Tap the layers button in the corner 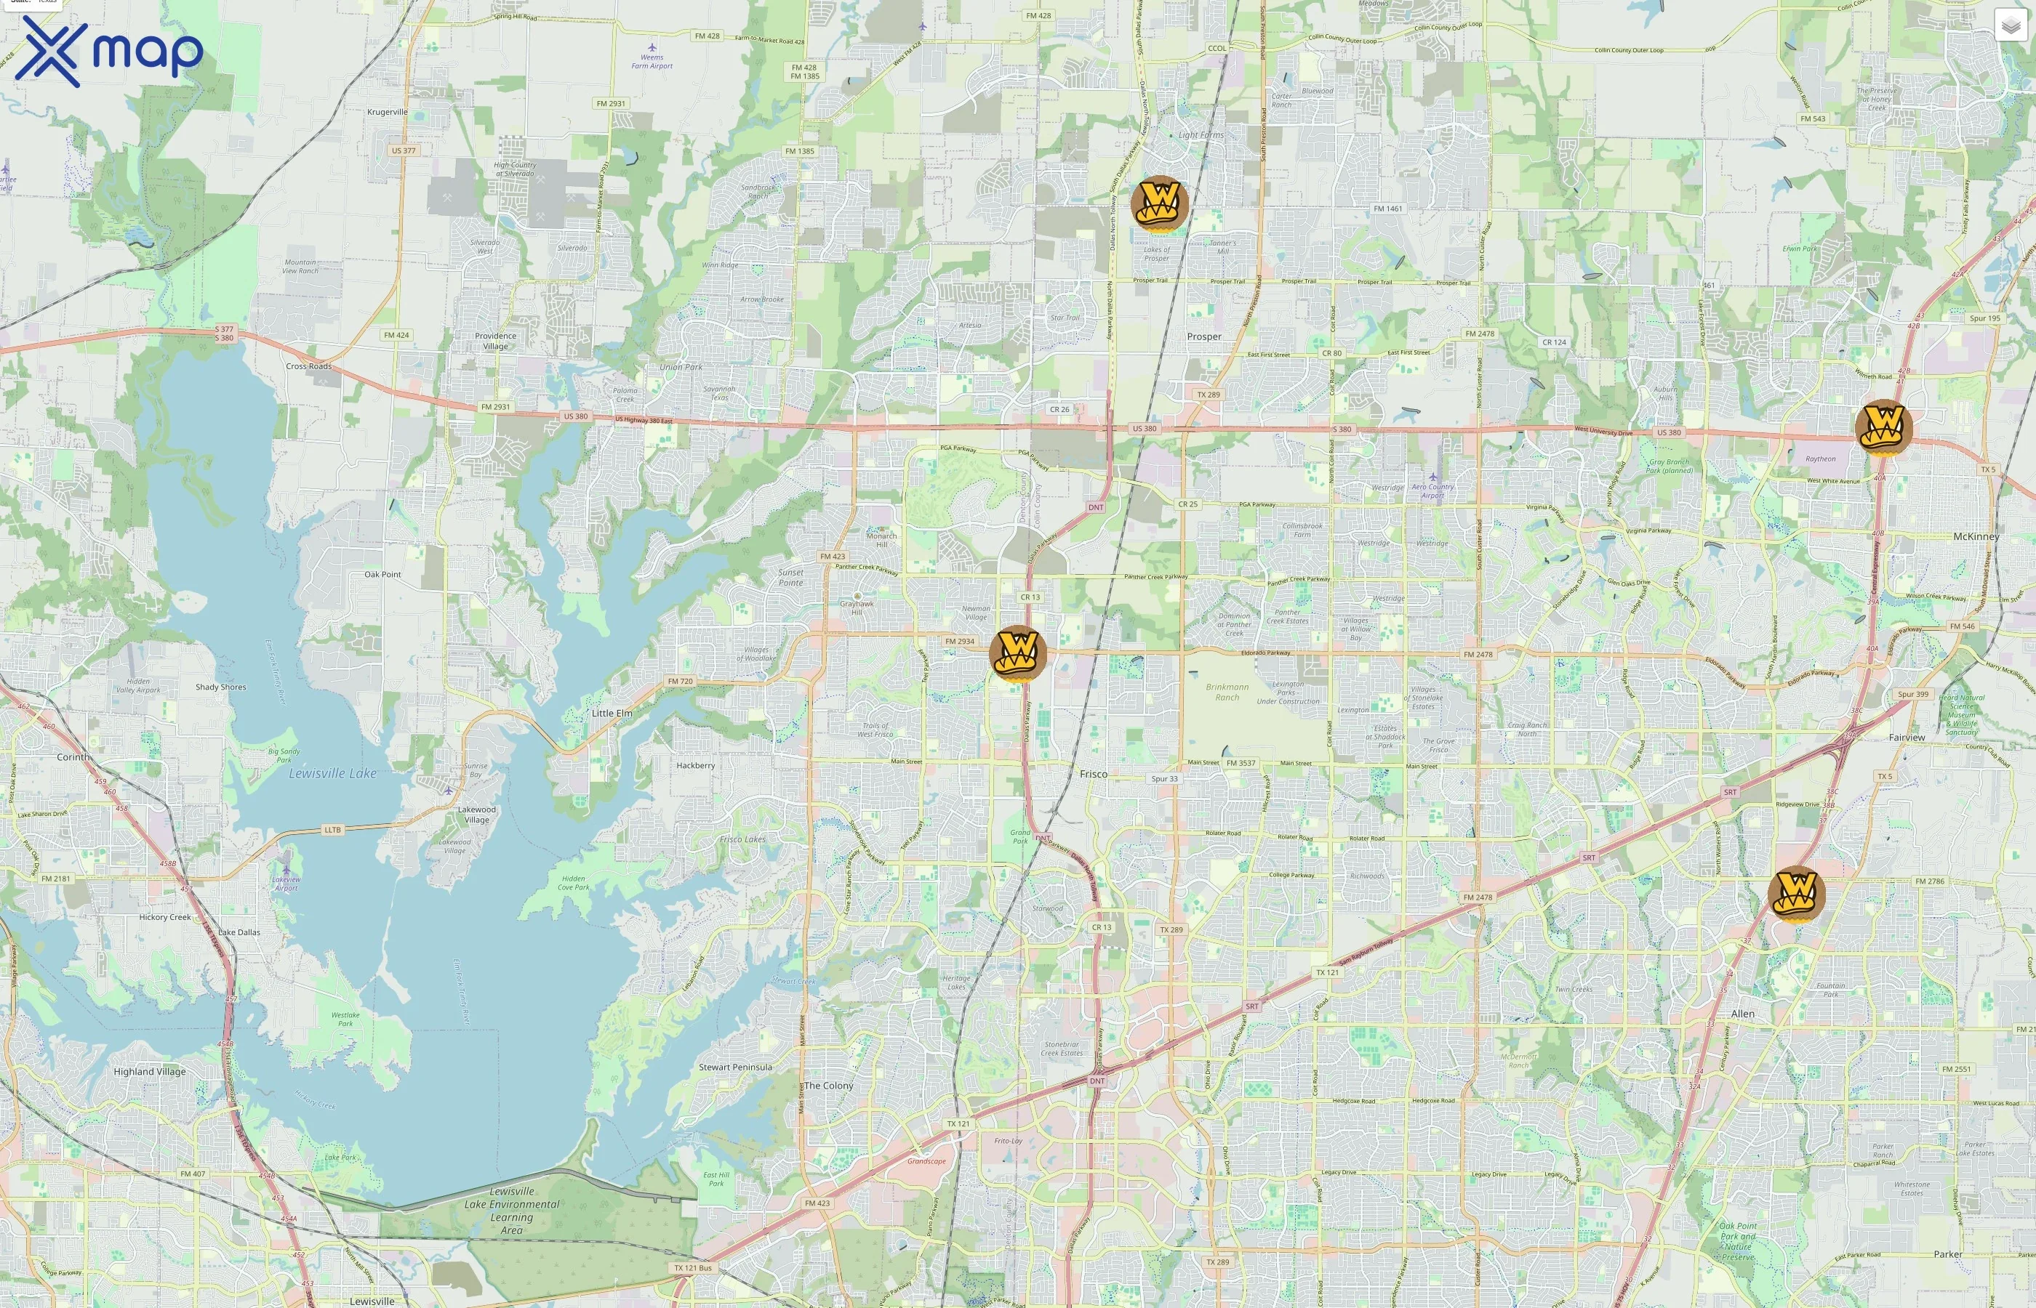coord(2010,25)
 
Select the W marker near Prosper coord(1159,204)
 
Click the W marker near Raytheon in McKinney coord(1883,427)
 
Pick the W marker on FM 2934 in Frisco coord(1017,653)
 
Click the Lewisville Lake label coord(332,773)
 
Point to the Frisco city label coord(1093,774)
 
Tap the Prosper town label coord(1203,336)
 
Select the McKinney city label coord(1976,536)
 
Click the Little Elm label coord(612,713)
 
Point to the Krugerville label coord(388,111)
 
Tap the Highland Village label coord(150,1071)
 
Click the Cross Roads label coord(308,366)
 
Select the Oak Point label coord(382,574)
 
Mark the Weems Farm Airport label coord(652,61)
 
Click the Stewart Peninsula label coord(735,1067)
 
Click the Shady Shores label coord(221,686)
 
